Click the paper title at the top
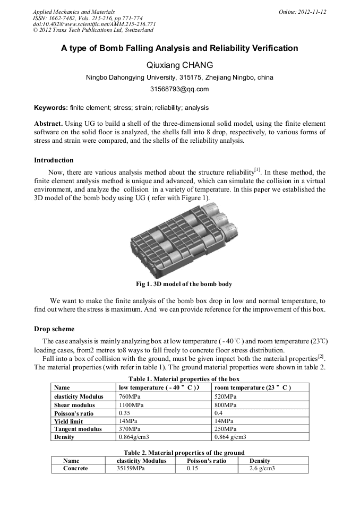pyautogui.click(x=179, y=48)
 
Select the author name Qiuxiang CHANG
pyautogui.click(x=179, y=65)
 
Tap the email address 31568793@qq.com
pyautogui.click(x=179, y=89)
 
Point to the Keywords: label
pyautogui.click(x=51, y=108)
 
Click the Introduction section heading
pyautogui.click(x=54, y=160)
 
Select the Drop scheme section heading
pyautogui.click(x=54, y=329)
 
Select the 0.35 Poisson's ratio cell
pyautogui.click(x=125, y=412)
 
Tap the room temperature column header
pyautogui.click(x=252, y=388)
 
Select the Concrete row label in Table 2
pyautogui.click(x=75, y=469)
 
